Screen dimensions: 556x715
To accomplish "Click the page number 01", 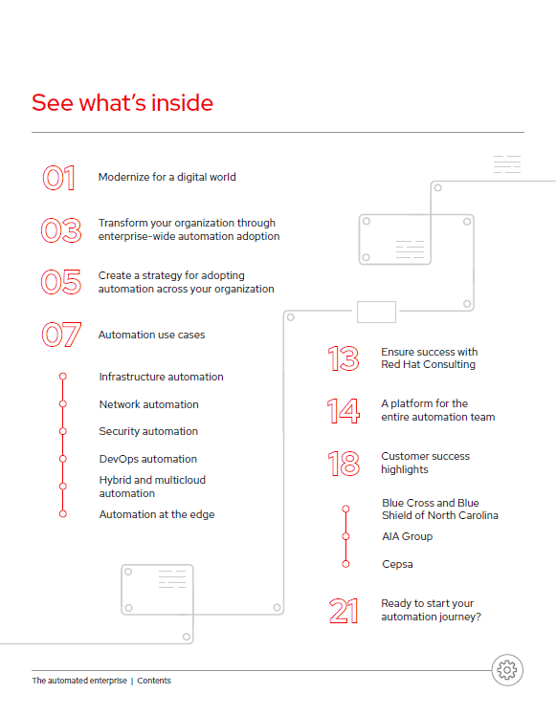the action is [59, 178].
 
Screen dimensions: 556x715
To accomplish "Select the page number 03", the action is [61, 230].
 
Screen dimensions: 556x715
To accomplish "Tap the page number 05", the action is [61, 282].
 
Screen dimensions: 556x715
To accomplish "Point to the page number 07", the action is [61, 335].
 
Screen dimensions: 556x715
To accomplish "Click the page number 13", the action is [344, 358].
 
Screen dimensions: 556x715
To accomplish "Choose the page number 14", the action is [344, 410].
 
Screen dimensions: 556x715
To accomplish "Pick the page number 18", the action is [344, 464].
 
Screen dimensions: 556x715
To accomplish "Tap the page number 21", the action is [344, 611].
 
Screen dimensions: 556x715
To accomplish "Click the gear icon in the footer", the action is [507, 670].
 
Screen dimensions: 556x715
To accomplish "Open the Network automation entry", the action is [149, 404].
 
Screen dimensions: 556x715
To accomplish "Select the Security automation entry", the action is [148, 431].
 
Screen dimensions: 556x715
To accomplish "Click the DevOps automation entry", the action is [148, 459].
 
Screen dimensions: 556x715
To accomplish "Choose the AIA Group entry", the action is [407, 536].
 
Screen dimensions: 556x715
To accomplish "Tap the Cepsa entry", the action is [397, 564].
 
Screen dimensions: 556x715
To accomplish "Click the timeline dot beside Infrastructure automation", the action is [63, 377].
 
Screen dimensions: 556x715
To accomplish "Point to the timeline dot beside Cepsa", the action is [346, 564].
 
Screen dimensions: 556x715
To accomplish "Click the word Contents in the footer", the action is [154, 681].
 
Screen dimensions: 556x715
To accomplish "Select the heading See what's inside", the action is [122, 102].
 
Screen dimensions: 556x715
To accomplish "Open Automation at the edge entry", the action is [157, 514].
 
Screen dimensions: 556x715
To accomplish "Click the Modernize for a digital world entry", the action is [167, 177].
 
